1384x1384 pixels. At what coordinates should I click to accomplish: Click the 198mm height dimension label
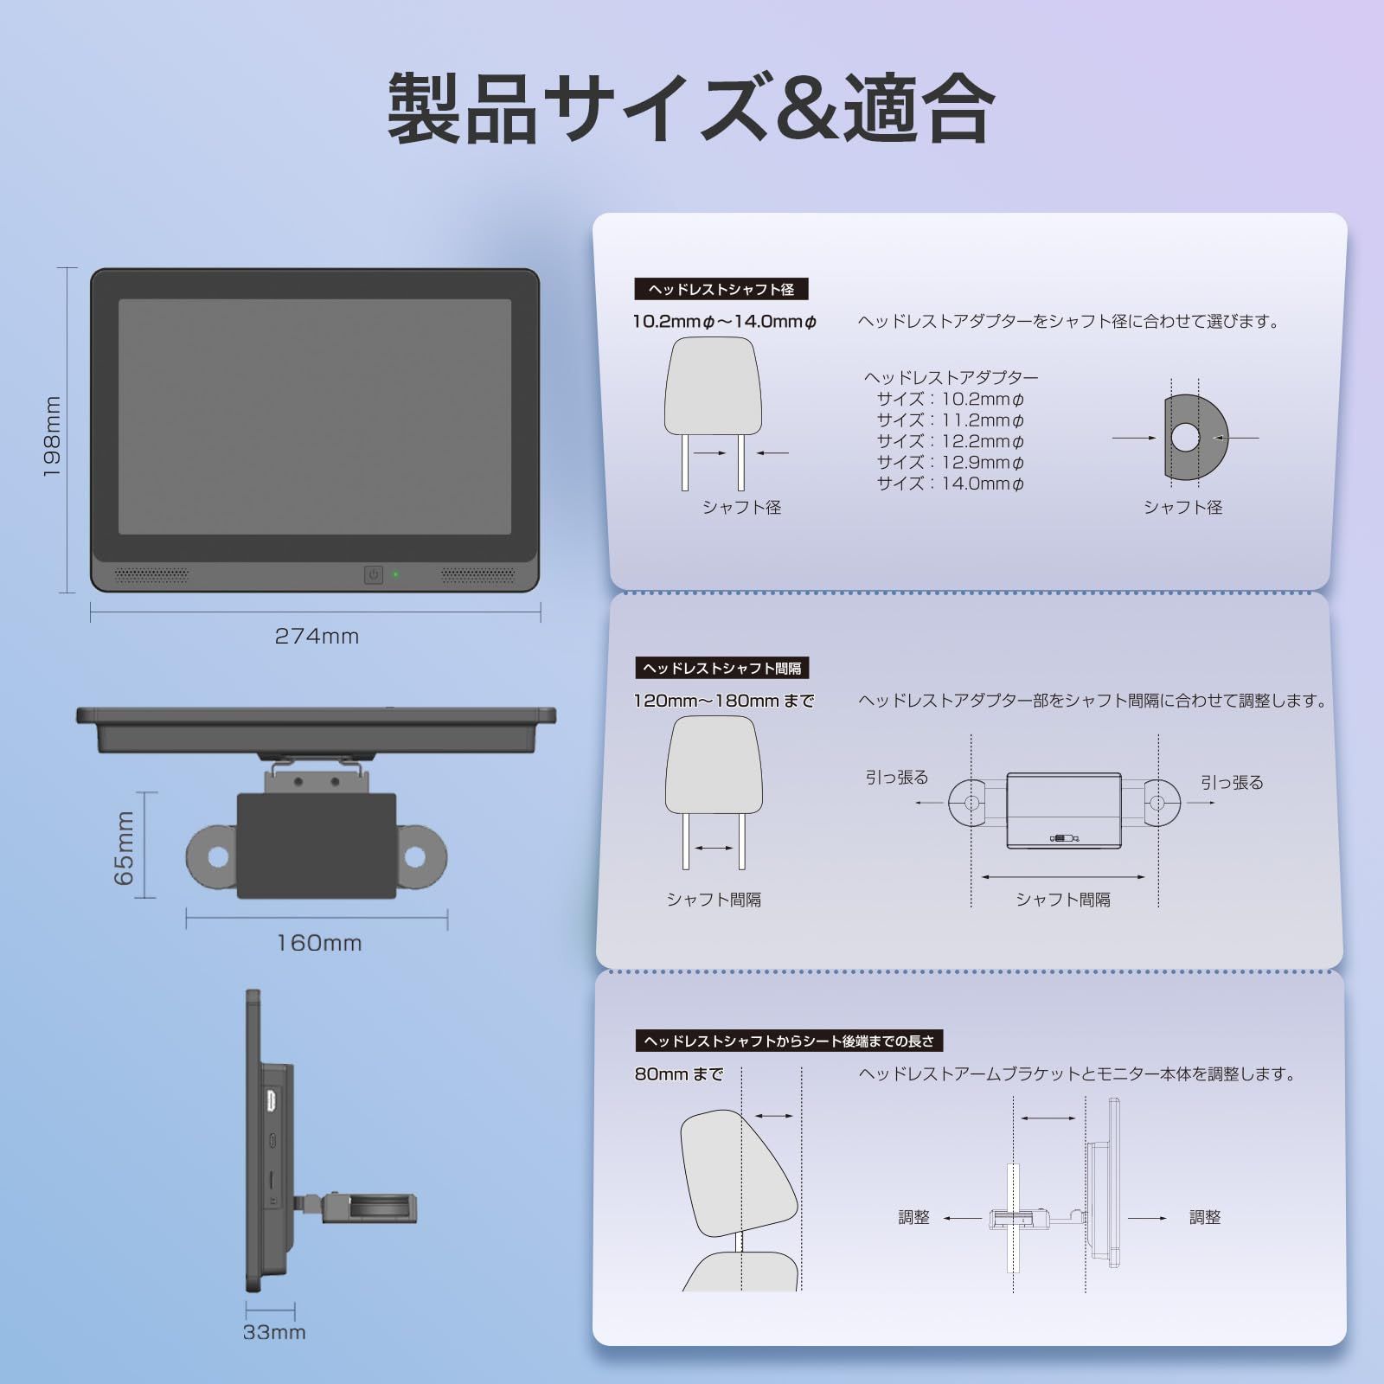coord(53,437)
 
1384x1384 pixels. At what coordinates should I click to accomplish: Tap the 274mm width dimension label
coord(317,637)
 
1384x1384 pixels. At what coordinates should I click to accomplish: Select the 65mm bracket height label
coord(125,848)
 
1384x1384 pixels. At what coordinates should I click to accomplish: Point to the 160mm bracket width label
coord(318,943)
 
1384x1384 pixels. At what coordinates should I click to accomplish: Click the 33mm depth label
coord(274,1332)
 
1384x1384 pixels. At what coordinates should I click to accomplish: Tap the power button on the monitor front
coord(373,574)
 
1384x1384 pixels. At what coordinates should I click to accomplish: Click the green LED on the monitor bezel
coord(396,574)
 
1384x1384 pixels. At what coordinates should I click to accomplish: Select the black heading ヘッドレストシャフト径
coord(721,289)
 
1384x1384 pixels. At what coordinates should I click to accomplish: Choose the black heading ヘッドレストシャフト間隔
coord(721,668)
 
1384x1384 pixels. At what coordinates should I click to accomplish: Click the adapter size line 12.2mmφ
coord(950,441)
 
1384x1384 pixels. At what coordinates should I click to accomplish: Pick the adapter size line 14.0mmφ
coord(950,484)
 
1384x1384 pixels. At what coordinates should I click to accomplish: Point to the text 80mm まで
coord(678,1074)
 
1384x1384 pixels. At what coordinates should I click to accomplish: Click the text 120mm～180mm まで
coord(723,701)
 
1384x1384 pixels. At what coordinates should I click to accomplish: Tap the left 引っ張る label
coord(897,778)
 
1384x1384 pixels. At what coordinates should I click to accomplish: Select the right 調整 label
coord(1205,1217)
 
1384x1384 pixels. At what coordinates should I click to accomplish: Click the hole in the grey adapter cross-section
coord(1185,438)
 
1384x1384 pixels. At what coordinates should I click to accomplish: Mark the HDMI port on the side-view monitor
coord(272,1102)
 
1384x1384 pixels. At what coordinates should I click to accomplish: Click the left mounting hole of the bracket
coord(217,857)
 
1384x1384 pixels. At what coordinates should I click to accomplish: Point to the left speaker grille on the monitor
coord(151,574)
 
